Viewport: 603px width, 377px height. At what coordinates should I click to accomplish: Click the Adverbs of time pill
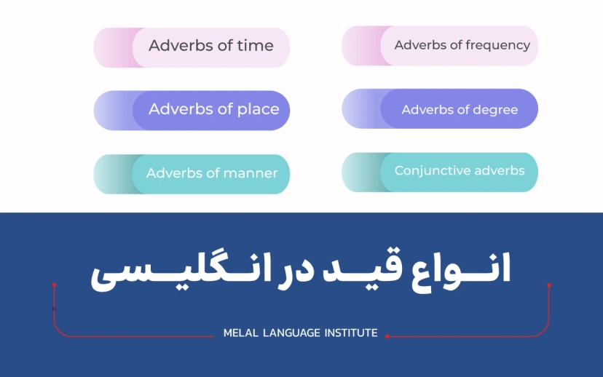click(x=210, y=47)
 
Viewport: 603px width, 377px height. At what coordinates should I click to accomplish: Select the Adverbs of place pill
click(x=210, y=110)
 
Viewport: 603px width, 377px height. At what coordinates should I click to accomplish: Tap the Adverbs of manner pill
click(x=210, y=174)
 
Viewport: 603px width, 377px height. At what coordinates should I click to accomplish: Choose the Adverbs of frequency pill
click(x=459, y=45)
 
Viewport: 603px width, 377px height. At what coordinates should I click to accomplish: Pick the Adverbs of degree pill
click(x=459, y=109)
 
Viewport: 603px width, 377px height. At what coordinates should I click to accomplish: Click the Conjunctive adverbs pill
click(x=459, y=172)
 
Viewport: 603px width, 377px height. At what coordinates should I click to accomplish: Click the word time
click(x=255, y=46)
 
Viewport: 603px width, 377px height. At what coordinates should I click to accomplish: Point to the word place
click(x=259, y=110)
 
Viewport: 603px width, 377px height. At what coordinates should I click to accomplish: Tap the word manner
click(x=251, y=174)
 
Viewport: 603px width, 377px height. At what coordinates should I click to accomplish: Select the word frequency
click(x=499, y=45)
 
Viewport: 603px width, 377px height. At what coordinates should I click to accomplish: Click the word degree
click(x=496, y=110)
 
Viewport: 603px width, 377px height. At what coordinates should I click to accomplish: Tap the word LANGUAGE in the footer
click(x=291, y=333)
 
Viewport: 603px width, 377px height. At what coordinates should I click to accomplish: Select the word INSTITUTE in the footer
click(x=350, y=333)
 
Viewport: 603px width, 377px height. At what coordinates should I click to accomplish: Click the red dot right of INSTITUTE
click(x=387, y=336)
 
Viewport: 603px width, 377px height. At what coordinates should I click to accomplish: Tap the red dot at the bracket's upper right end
click(x=549, y=285)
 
